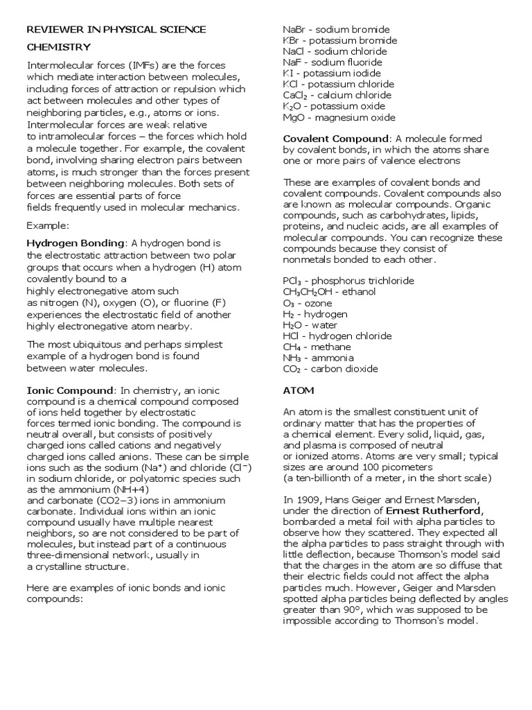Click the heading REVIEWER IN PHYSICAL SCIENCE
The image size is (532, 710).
116,29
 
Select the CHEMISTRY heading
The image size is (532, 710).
58,47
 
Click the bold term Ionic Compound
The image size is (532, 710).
69,390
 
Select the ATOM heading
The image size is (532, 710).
299,390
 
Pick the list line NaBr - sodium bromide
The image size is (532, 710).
336,30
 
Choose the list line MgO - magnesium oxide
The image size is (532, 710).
339,117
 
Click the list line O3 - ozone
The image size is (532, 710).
308,303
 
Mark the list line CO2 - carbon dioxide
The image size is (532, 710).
330,369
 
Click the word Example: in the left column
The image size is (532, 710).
46,225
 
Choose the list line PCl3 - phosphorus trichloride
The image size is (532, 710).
348,281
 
